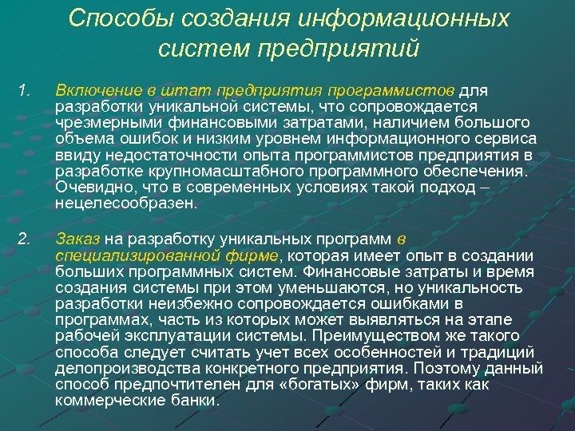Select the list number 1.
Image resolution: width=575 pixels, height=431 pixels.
pyautogui.click(x=22, y=91)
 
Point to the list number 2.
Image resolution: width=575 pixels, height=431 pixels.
pyautogui.click(x=24, y=237)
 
